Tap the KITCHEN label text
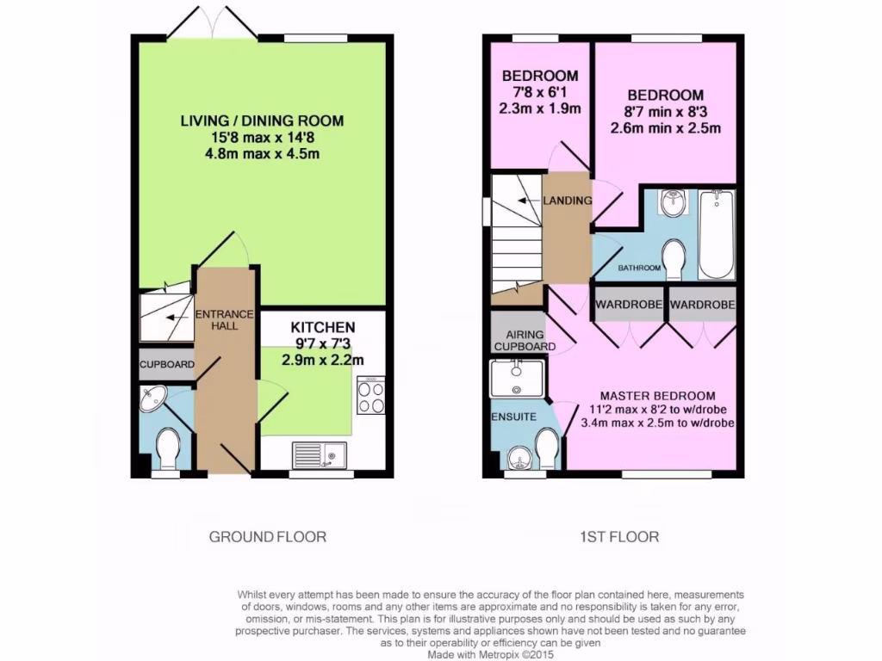click(x=322, y=327)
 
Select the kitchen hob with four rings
click(x=371, y=397)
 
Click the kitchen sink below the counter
click(x=319, y=453)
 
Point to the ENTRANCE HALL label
click(x=224, y=319)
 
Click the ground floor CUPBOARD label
click(x=167, y=365)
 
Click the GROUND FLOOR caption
click(x=268, y=537)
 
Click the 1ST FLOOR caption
click(x=618, y=537)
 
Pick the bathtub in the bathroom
click(x=716, y=234)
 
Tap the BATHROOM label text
click(x=639, y=269)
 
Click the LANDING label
click(x=568, y=201)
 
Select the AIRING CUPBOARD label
click(x=519, y=339)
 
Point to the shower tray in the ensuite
click(x=517, y=379)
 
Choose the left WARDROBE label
click(x=627, y=305)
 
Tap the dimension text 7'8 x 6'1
click(x=540, y=92)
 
